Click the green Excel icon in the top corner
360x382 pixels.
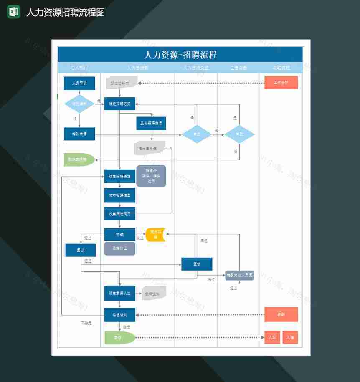[14, 12]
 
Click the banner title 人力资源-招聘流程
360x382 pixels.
[180, 55]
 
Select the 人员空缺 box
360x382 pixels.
[79, 83]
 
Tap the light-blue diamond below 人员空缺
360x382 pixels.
[79, 104]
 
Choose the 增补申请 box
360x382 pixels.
[79, 134]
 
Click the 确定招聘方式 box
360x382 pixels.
[120, 104]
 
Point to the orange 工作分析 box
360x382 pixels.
[281, 83]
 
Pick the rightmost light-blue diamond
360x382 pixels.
[239, 134]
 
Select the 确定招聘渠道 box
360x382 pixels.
[120, 176]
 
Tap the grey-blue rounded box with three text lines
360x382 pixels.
[151, 176]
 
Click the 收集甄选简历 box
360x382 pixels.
[120, 214]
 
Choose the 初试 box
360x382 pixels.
[120, 235]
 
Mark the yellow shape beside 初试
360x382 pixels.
[155, 235]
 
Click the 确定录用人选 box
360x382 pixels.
[120, 293]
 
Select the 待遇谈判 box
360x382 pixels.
[120, 314]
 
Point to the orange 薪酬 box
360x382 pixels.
[281, 314]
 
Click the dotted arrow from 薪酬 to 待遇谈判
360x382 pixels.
[200, 315]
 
